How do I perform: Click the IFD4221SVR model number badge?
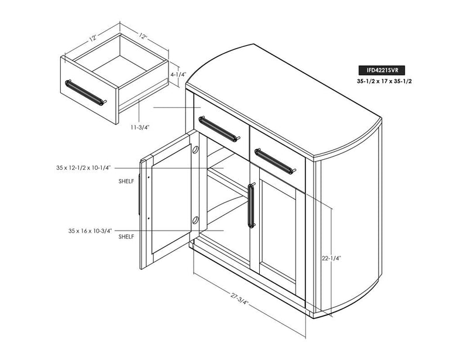click(x=383, y=70)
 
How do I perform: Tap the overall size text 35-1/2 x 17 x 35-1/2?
click(x=384, y=81)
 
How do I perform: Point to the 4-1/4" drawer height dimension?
click(x=178, y=74)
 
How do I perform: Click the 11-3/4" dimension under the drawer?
click(x=139, y=127)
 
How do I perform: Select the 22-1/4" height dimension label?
click(x=331, y=258)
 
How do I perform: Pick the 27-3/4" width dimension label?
click(x=239, y=299)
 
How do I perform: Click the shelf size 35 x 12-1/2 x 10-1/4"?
click(x=84, y=167)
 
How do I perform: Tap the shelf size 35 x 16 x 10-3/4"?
click(x=90, y=231)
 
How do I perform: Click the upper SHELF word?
click(x=126, y=181)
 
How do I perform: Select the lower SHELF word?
click(x=126, y=236)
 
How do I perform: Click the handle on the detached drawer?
click(x=85, y=92)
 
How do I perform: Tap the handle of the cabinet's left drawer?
click(x=219, y=129)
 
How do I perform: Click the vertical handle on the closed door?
click(x=252, y=205)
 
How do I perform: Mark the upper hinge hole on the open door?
click(x=195, y=149)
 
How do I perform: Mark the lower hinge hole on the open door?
click(x=195, y=220)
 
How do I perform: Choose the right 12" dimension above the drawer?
click(x=143, y=36)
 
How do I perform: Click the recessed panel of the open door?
click(x=171, y=198)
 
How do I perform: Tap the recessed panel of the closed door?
click(x=277, y=228)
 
